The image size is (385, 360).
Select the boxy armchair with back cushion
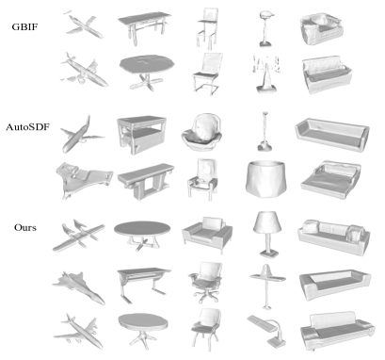pyautogui.click(x=204, y=233)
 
